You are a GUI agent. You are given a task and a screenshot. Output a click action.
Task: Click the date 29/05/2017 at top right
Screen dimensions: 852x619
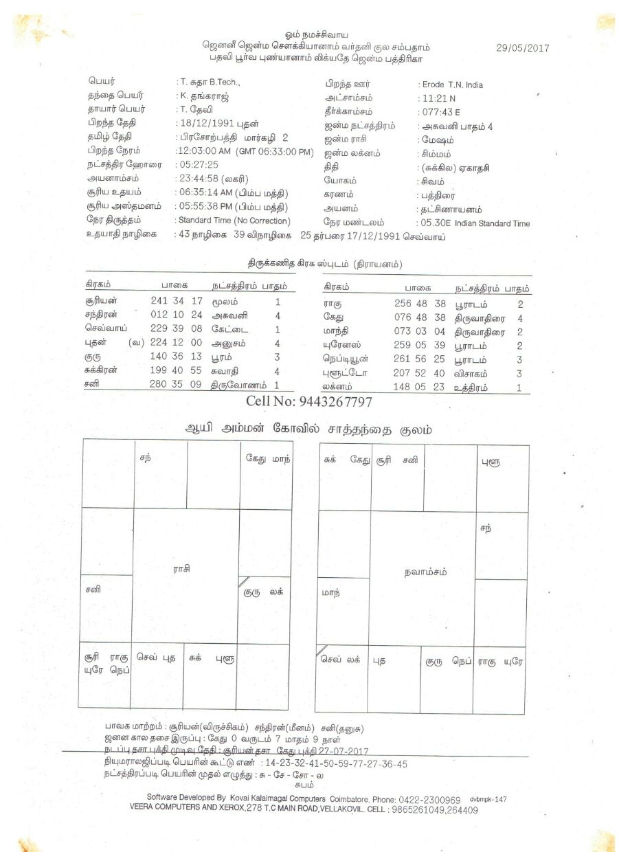(x=522, y=48)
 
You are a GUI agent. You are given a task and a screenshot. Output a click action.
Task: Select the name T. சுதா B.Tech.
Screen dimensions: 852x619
(x=210, y=82)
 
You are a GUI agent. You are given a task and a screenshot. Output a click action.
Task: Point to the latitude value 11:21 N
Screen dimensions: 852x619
(x=439, y=99)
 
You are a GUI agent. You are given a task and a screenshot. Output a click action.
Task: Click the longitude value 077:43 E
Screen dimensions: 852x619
(x=441, y=112)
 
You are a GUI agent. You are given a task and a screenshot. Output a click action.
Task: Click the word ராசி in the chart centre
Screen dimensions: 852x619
(x=181, y=568)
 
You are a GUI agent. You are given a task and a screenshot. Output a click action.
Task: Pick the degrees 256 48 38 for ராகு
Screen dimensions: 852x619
(x=420, y=303)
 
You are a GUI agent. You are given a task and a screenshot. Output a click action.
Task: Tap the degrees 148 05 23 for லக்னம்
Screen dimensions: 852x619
(x=420, y=387)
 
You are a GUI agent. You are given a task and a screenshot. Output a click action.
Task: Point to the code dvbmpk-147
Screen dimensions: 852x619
(x=488, y=800)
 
